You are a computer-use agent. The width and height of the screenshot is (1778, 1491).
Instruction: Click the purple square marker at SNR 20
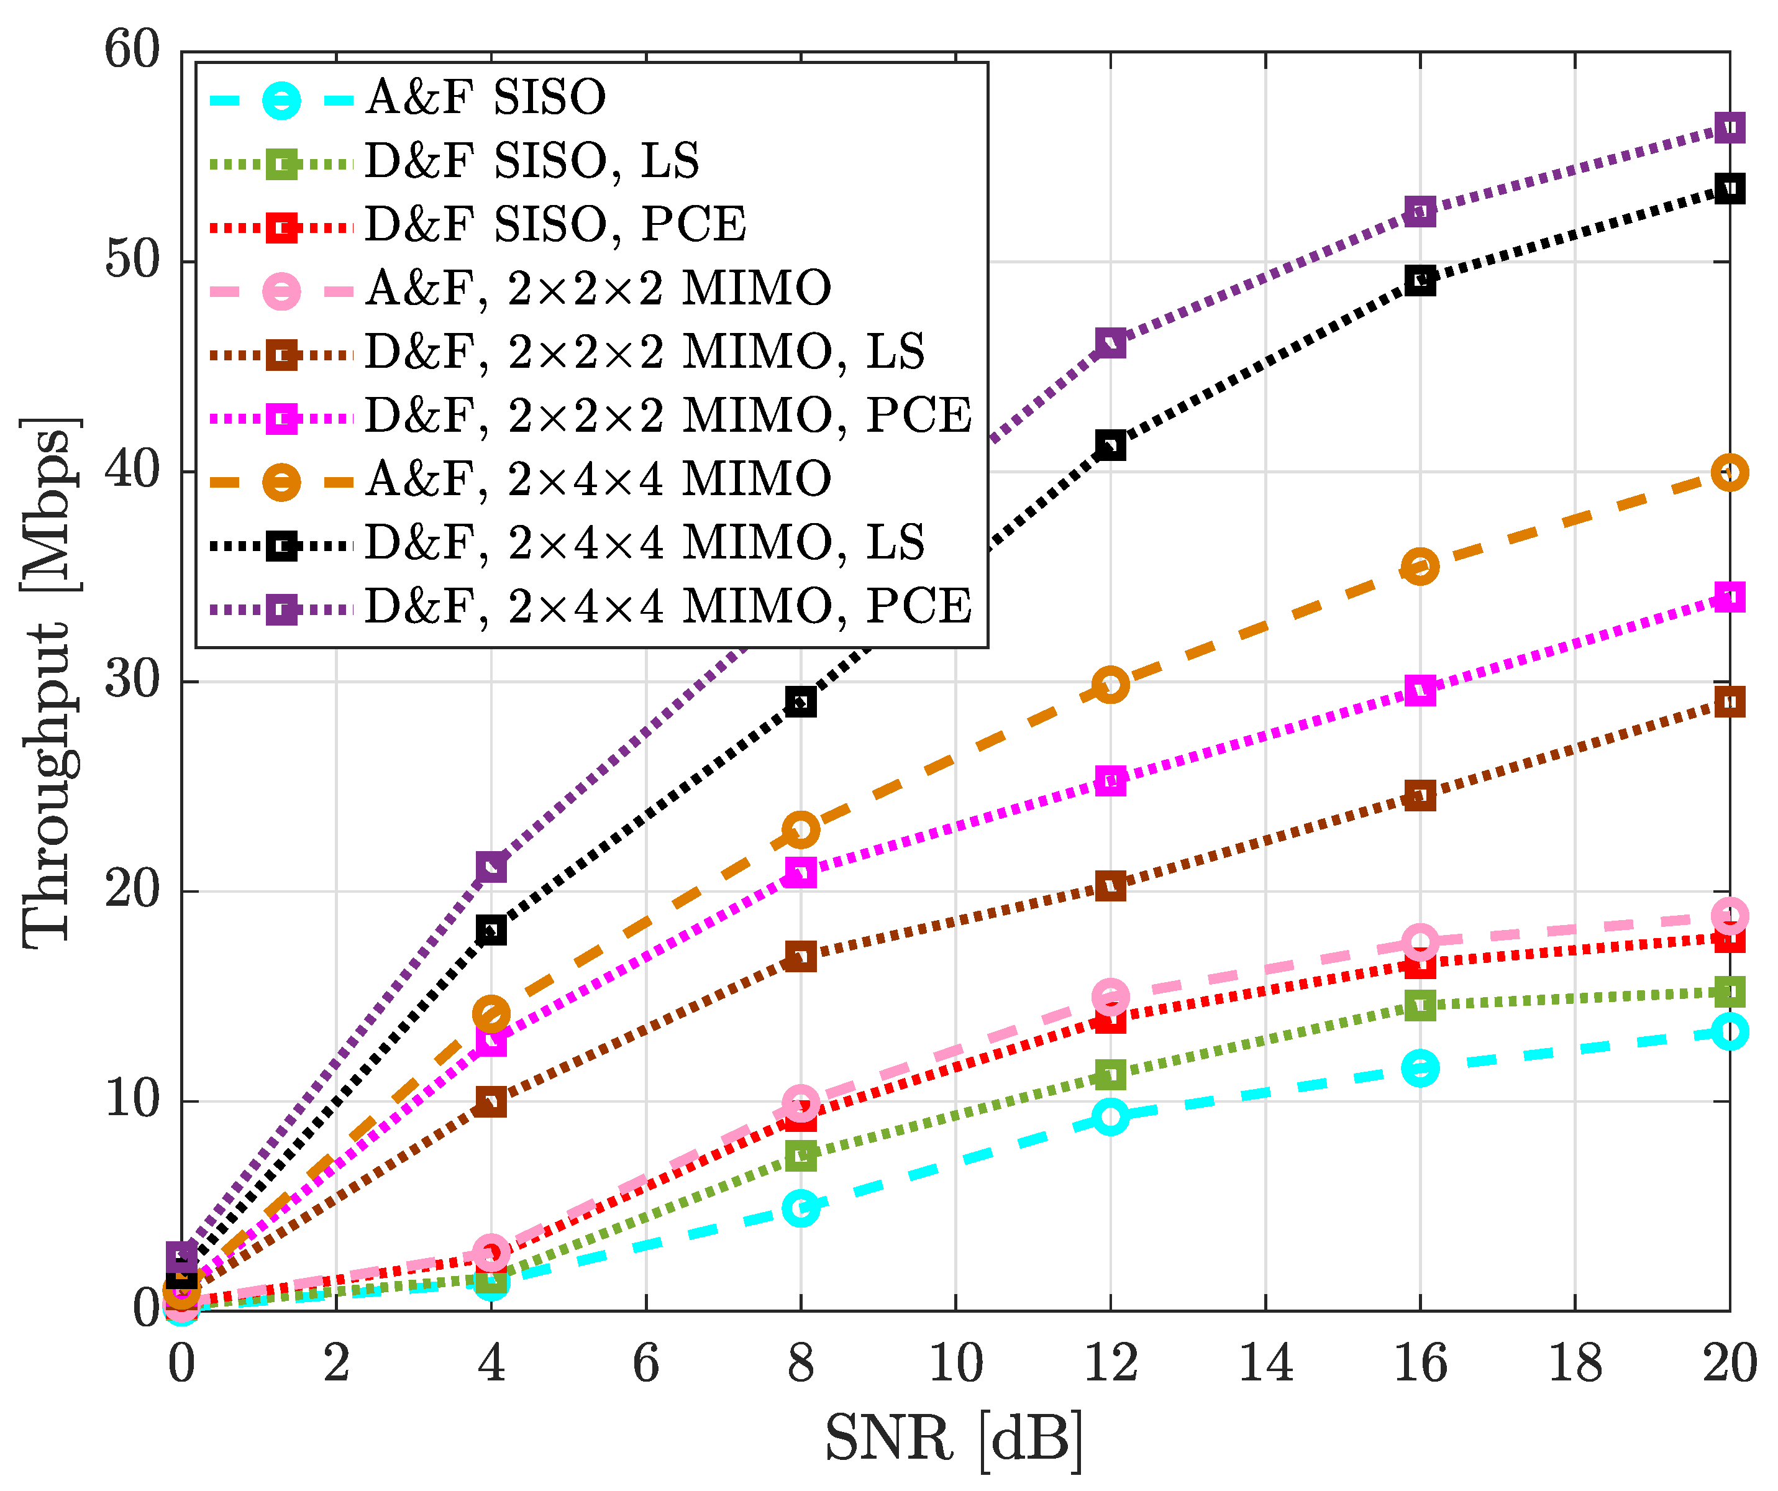tap(1729, 128)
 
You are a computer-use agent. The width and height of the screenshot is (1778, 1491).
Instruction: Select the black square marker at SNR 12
tap(1110, 445)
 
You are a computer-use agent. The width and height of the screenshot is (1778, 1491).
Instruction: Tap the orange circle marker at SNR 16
tap(1420, 567)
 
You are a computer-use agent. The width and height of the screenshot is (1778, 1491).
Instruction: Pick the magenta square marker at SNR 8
tap(800, 872)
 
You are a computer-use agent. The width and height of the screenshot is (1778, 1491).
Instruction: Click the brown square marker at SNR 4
tap(491, 1102)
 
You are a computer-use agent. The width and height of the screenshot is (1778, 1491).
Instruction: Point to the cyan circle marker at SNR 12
tap(1110, 1117)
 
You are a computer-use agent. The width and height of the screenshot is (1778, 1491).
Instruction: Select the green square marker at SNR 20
tap(1729, 992)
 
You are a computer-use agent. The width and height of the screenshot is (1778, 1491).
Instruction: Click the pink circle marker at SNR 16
tap(1420, 942)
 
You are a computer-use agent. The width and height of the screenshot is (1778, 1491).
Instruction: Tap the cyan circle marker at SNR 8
tap(800, 1208)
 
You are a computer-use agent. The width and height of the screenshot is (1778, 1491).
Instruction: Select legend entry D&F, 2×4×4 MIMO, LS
tap(644, 543)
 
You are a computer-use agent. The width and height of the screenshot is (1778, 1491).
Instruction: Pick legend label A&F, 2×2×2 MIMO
tap(598, 289)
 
